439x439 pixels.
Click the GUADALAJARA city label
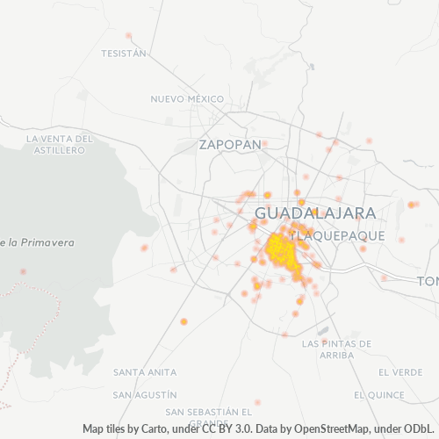[x=315, y=213]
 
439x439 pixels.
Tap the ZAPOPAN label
[x=230, y=144]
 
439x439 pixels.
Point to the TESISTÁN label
[x=123, y=53]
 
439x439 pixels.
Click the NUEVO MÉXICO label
[x=188, y=98]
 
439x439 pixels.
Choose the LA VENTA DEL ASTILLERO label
[x=59, y=144]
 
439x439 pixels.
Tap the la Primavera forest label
[x=39, y=242]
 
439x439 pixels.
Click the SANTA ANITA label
[x=139, y=372]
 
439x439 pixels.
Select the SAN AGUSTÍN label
[x=146, y=395]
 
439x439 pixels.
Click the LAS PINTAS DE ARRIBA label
[x=327, y=349]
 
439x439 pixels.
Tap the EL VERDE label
[x=400, y=372]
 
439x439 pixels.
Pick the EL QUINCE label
[x=378, y=395]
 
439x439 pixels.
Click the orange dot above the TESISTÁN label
[x=128, y=36]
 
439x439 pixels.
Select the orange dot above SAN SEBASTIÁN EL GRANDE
[x=257, y=402]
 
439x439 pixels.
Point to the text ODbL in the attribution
[x=421, y=429]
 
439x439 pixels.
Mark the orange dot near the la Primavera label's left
[x=23, y=272]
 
